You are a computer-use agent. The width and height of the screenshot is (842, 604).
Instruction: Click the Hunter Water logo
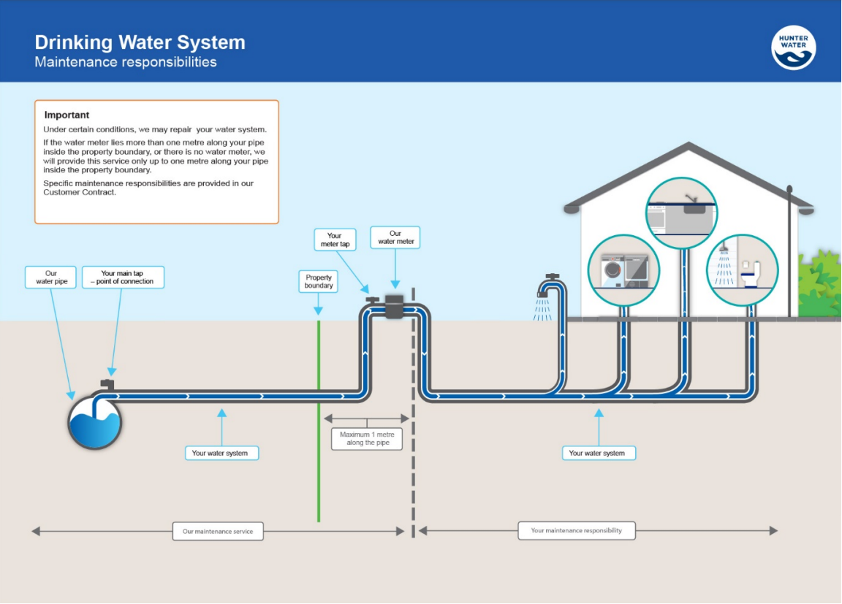[x=793, y=47]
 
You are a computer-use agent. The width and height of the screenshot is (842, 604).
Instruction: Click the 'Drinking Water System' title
[x=140, y=42]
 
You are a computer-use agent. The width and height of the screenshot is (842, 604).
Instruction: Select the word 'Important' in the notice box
[x=67, y=115]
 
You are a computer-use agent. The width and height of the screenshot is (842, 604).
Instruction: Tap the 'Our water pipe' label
[x=50, y=278]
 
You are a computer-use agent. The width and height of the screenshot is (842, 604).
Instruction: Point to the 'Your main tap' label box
[x=123, y=278]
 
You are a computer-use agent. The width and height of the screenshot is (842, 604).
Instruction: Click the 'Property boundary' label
[x=319, y=281]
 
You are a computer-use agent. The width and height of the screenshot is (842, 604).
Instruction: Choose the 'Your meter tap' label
[x=335, y=240]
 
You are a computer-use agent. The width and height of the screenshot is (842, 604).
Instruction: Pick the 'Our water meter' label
[x=395, y=237]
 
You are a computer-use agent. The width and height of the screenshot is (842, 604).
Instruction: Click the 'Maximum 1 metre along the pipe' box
[x=366, y=439]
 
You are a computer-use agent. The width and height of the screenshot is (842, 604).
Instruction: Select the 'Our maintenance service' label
[x=218, y=531]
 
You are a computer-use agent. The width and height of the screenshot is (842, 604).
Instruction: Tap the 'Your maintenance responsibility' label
[x=576, y=530]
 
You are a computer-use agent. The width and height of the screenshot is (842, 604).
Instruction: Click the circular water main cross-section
[x=95, y=423]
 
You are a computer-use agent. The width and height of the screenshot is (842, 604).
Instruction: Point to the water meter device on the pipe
[x=395, y=307]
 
